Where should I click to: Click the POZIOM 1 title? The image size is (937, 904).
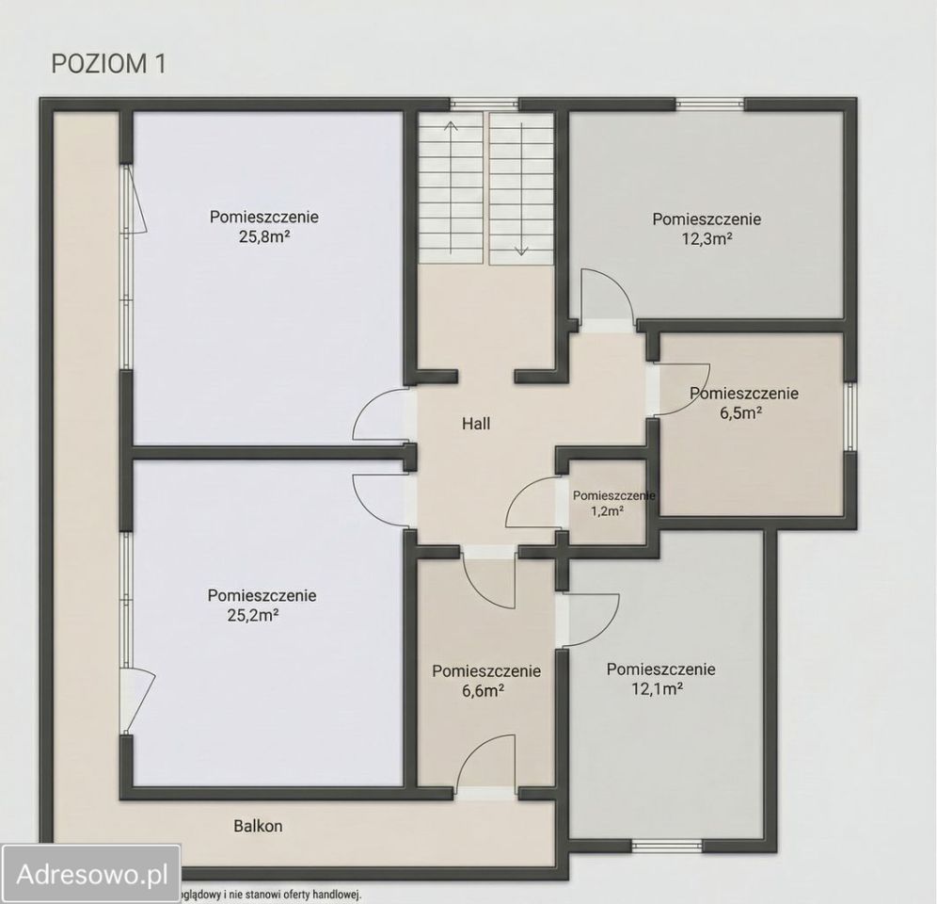108,64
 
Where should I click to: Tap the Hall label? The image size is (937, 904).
476,424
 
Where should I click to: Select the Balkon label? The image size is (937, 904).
258,826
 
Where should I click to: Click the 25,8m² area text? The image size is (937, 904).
264,237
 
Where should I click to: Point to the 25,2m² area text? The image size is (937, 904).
253,615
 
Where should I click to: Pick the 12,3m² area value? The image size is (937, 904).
707,239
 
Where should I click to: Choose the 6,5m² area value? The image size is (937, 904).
741,412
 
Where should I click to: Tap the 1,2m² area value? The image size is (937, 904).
608,510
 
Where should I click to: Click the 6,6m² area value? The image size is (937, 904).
483,690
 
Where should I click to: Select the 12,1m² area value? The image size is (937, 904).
658,688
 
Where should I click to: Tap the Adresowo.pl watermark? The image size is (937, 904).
91,874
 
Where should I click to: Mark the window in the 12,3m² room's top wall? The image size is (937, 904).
710,105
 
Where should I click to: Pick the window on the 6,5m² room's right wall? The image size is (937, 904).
850,416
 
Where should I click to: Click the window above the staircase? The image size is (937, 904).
484,105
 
